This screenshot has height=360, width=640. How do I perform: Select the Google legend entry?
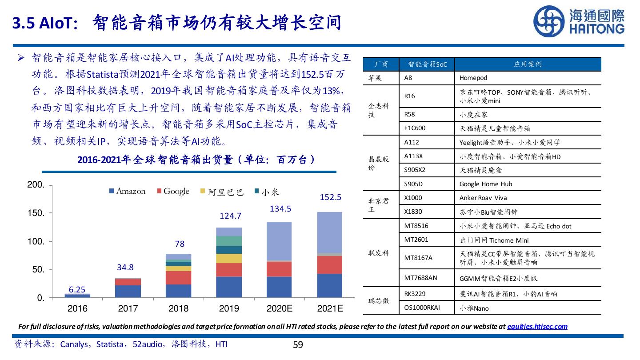(173, 191)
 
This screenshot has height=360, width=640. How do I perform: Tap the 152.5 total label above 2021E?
(330, 197)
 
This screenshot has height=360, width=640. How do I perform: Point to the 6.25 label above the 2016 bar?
(77, 289)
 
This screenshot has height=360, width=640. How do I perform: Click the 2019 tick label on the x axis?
(229, 308)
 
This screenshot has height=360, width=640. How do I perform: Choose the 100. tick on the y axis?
(36, 241)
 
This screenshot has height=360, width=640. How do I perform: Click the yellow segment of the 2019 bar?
(229, 258)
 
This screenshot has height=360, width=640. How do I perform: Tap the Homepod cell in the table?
(473, 78)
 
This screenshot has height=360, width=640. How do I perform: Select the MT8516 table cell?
(416, 226)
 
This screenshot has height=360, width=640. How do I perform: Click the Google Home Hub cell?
(486, 184)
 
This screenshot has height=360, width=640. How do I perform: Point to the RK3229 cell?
(415, 293)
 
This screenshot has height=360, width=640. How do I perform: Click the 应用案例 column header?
(528, 64)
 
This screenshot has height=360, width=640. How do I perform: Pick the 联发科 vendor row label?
(379, 253)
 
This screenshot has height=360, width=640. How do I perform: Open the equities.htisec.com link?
(537, 326)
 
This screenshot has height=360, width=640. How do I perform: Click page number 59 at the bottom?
(298, 344)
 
